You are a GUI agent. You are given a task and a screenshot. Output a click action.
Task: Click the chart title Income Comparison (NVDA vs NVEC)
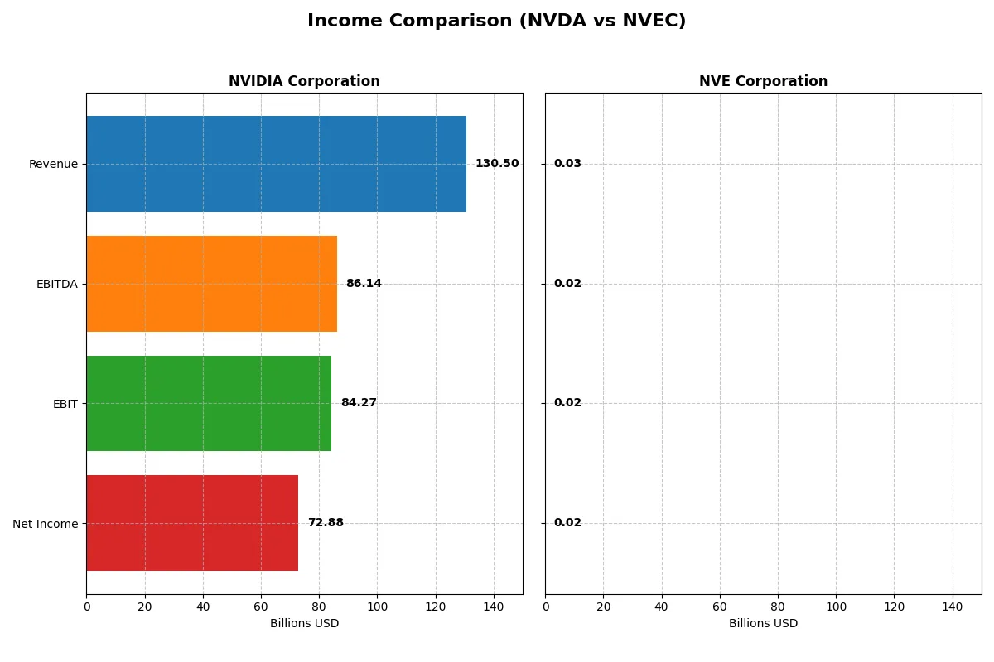pos(496,21)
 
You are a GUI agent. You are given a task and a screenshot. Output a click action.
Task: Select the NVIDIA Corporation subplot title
pos(304,81)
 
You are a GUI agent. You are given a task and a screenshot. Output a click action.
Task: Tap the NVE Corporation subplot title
pos(763,81)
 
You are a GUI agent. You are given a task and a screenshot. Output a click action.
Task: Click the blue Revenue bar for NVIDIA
pos(276,164)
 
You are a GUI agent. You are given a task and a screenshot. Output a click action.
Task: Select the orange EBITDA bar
pos(211,284)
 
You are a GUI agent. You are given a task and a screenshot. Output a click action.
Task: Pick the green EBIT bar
pos(209,403)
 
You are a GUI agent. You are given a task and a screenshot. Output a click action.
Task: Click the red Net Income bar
pos(192,523)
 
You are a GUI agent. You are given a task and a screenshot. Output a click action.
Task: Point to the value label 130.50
pos(497,164)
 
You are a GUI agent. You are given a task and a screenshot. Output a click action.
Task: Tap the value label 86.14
pos(364,284)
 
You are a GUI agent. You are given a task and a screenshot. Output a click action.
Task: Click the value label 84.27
pos(359,403)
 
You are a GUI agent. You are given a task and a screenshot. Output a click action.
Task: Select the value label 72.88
pos(326,523)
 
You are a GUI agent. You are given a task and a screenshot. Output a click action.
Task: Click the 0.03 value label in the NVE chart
pos(567,164)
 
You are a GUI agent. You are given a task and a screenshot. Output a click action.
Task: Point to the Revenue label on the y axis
pos(53,164)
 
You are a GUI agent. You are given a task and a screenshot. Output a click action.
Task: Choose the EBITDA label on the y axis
pos(56,284)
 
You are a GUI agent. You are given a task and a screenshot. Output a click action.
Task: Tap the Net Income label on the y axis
pos(45,523)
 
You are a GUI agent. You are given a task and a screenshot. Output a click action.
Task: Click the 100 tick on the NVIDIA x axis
pos(377,607)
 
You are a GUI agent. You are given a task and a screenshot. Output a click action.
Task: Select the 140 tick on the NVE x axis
pos(953,607)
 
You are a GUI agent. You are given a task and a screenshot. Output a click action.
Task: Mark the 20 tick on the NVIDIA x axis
pos(145,607)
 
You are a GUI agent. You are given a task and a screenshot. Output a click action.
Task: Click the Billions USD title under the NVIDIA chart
pos(304,623)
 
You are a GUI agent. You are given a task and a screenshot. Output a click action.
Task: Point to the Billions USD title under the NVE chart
pos(763,623)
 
